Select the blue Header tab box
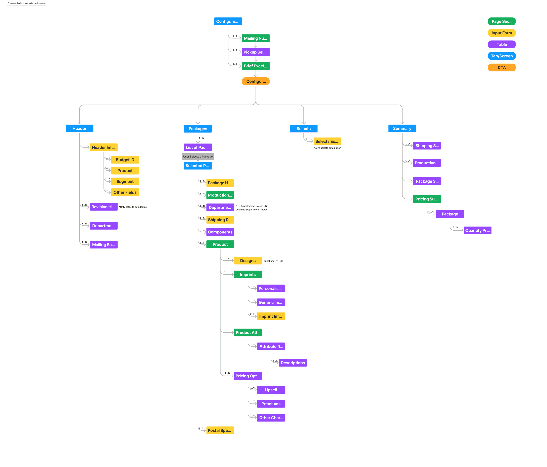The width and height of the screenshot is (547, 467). point(79,129)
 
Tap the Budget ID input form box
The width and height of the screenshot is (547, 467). point(125,160)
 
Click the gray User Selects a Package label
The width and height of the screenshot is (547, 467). point(198,157)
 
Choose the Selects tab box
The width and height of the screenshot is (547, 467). point(303,129)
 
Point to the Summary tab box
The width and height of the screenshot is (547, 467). point(402,129)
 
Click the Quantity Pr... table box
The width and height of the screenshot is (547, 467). point(477,230)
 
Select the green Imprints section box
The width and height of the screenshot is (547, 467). point(248,275)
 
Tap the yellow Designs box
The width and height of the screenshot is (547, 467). point(248,261)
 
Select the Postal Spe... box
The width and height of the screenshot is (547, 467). point(220,430)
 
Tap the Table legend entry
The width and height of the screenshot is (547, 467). point(501,44)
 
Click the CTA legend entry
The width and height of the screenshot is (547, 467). point(501,68)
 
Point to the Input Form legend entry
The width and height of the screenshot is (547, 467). point(501,33)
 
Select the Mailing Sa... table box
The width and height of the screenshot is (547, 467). point(104,245)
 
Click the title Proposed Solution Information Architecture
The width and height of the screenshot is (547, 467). point(26,3)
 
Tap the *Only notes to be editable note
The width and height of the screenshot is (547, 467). point(133,207)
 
